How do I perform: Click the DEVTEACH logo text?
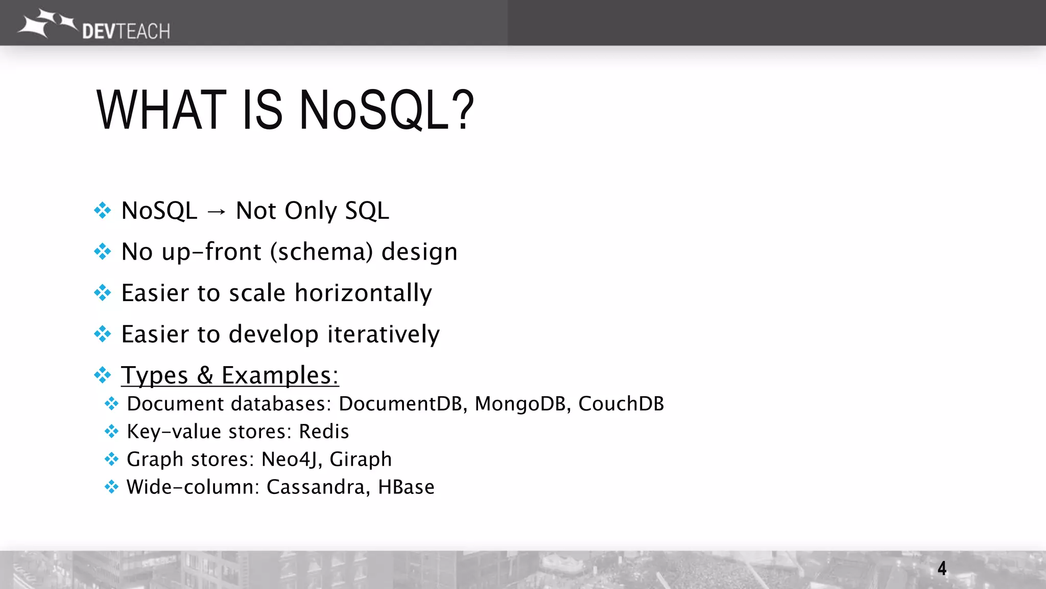(126, 31)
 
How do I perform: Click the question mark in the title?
(463, 110)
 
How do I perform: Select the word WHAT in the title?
(161, 110)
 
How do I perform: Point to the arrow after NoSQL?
(217, 211)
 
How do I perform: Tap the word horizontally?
(363, 293)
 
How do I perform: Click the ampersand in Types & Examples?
(205, 375)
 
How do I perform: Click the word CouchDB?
(621, 404)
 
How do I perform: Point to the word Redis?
(324, 432)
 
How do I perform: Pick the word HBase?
(406, 487)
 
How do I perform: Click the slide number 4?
(942, 568)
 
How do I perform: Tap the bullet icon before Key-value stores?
(111, 432)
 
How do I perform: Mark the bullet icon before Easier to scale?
(103, 293)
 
